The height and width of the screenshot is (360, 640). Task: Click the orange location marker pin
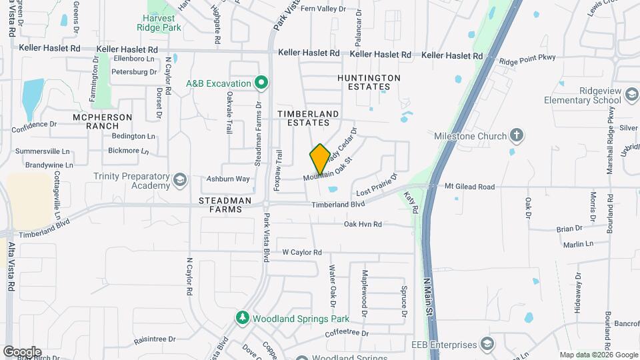[x=320, y=159]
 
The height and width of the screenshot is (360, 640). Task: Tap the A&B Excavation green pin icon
[x=262, y=83]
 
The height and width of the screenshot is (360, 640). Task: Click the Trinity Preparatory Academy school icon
[x=179, y=181]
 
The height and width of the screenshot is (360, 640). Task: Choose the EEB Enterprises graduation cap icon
[x=487, y=344]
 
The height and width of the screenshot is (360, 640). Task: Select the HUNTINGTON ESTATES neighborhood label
[x=369, y=82]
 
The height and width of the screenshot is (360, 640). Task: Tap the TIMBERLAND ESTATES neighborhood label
[x=304, y=119]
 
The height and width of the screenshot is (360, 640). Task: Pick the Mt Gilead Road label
[x=469, y=187]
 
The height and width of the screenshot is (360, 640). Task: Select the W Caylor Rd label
[x=302, y=252]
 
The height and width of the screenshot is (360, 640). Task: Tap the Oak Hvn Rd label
[x=363, y=225]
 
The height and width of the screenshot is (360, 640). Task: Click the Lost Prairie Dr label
[x=376, y=185]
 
